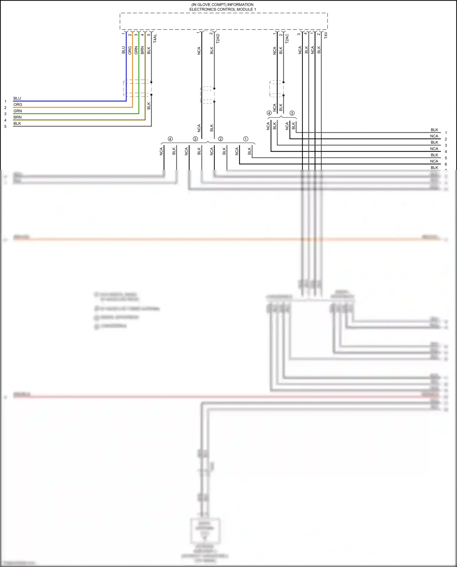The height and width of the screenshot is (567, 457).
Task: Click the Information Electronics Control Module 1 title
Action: point(222,7)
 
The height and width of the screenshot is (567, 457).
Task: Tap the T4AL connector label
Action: point(155,38)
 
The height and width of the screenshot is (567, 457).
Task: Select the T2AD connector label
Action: point(218,38)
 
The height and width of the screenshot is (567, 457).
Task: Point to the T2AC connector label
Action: point(287,38)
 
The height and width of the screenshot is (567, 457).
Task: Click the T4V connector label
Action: point(326,35)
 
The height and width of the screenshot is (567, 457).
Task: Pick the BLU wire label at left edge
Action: point(17,98)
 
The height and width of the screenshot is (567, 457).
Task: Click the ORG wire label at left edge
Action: point(18,105)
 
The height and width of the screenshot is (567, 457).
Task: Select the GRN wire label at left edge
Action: point(18,111)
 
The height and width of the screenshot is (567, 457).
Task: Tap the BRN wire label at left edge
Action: point(18,117)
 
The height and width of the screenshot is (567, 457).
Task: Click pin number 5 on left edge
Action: point(5,126)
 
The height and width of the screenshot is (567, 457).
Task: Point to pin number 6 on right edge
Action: point(446,164)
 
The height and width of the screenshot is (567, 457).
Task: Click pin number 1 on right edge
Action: point(446,133)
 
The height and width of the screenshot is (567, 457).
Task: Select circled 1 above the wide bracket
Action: point(246,139)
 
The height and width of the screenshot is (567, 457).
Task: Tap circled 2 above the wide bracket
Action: point(221,139)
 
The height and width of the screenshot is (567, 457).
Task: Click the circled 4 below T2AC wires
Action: point(269,113)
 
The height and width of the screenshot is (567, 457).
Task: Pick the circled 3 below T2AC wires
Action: point(292,113)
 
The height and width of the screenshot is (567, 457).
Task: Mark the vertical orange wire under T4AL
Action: point(133,70)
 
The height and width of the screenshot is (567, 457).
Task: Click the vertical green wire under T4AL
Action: point(139,70)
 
